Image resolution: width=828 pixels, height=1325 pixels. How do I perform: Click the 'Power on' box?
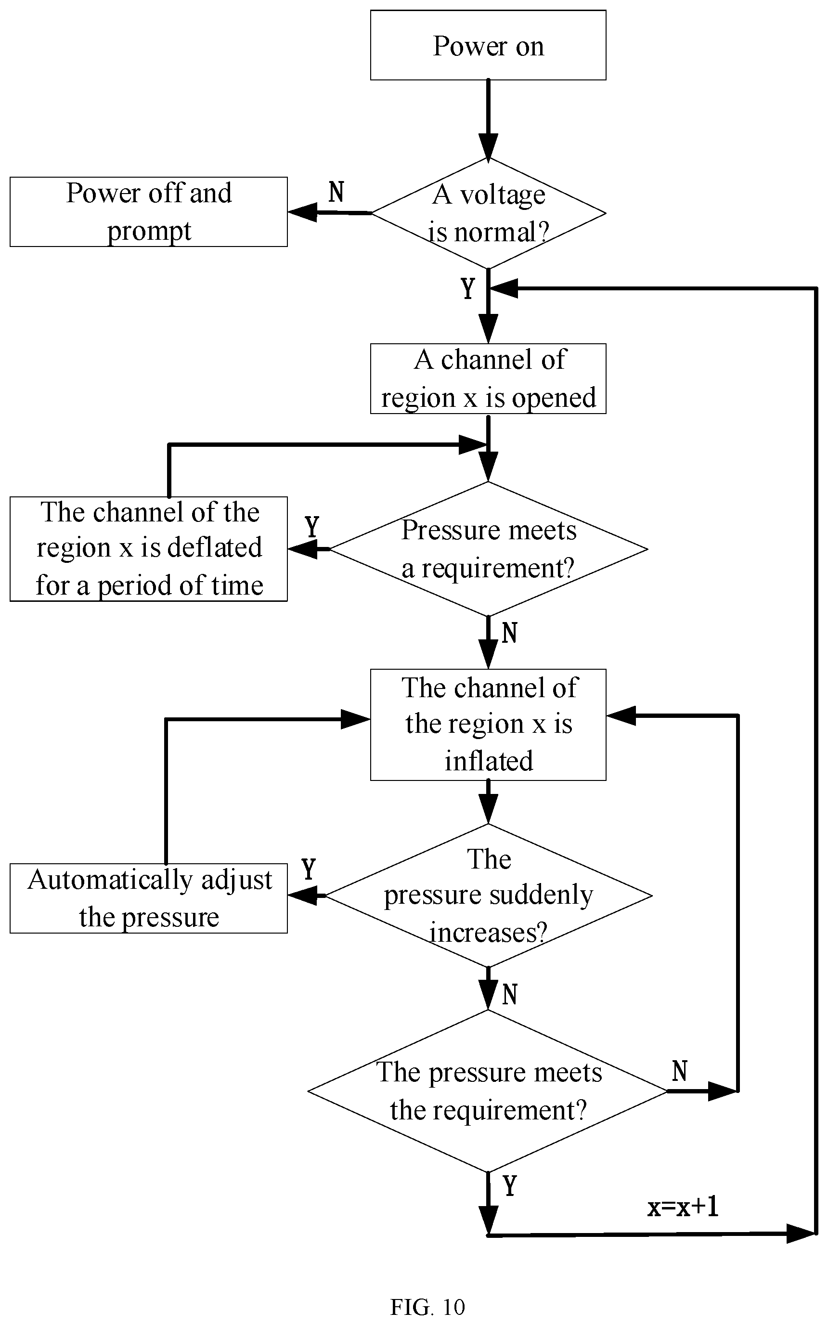tap(488, 45)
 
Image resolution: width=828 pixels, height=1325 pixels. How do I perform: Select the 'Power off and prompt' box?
tap(148, 211)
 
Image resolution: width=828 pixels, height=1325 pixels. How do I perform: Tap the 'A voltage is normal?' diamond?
tap(488, 213)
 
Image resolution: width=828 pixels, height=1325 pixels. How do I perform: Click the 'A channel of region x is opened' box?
tap(488, 378)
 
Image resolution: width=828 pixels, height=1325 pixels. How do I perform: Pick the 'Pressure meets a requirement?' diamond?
tap(488, 548)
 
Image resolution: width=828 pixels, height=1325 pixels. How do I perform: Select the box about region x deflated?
tap(148, 548)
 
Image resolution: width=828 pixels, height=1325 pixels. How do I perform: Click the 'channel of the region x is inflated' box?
tap(488, 725)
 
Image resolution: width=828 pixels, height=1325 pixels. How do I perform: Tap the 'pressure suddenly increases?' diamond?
tap(488, 895)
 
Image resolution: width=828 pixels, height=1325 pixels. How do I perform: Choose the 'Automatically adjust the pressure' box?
tap(148, 898)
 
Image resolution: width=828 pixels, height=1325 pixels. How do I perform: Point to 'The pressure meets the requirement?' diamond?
tap(488, 1091)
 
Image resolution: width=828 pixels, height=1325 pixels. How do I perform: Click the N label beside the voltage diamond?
tap(336, 192)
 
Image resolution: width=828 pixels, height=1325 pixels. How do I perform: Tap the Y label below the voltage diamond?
tap(467, 288)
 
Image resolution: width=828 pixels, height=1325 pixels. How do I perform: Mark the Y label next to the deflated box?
tap(311, 527)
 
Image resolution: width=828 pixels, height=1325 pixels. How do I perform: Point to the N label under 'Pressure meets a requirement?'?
tap(509, 633)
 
